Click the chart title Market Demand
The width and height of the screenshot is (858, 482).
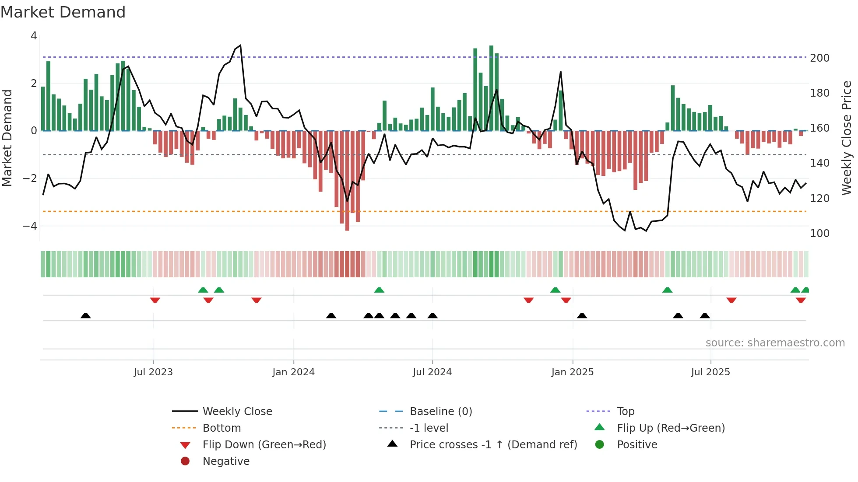coord(63,12)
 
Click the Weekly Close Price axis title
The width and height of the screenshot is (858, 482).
coord(847,138)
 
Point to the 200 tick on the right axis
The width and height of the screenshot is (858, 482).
coord(819,58)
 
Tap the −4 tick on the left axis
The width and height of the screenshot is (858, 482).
coord(30,226)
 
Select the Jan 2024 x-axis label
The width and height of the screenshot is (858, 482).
coord(293,372)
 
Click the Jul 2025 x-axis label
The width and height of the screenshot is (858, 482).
coord(710,372)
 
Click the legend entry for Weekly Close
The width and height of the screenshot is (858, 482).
coord(237,412)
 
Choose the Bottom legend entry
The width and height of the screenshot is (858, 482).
coord(222,428)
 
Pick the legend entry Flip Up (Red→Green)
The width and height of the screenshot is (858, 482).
coord(671,428)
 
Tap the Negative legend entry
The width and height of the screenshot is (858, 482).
coord(226,461)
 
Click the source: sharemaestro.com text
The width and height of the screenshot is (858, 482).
coord(775,343)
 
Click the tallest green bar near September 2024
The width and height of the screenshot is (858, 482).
coord(491,87)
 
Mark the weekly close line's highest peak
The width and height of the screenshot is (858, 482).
coord(240,45)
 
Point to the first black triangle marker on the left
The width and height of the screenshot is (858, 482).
coord(86,315)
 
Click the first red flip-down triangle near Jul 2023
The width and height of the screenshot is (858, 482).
coord(155,300)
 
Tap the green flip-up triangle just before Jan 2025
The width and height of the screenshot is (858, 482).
coord(555,290)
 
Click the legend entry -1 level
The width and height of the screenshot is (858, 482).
coord(429,428)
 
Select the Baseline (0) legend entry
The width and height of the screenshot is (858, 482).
coord(440,412)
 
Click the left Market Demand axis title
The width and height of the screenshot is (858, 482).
coord(7,138)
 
